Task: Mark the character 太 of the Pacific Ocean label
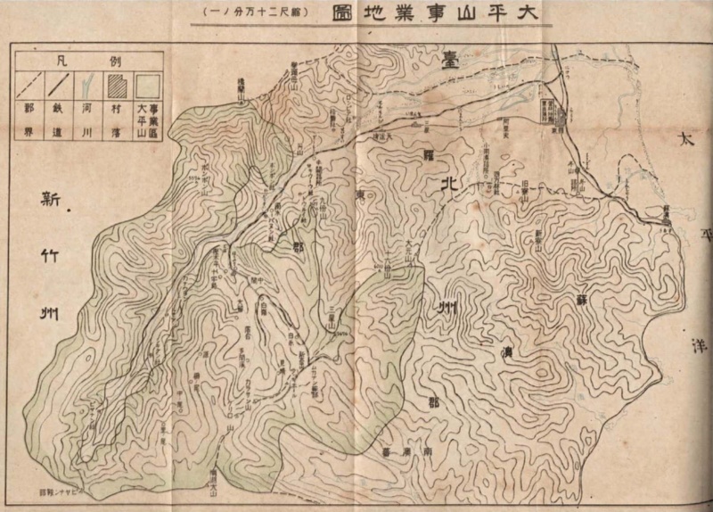point(686,142)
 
